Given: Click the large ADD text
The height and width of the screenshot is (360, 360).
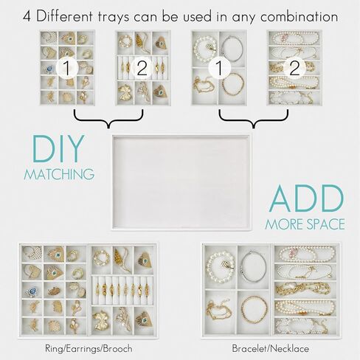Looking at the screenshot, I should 305,198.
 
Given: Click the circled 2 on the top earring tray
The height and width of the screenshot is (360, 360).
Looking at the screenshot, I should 143,69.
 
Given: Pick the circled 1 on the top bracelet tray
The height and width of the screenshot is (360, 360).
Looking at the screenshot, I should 219,69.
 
